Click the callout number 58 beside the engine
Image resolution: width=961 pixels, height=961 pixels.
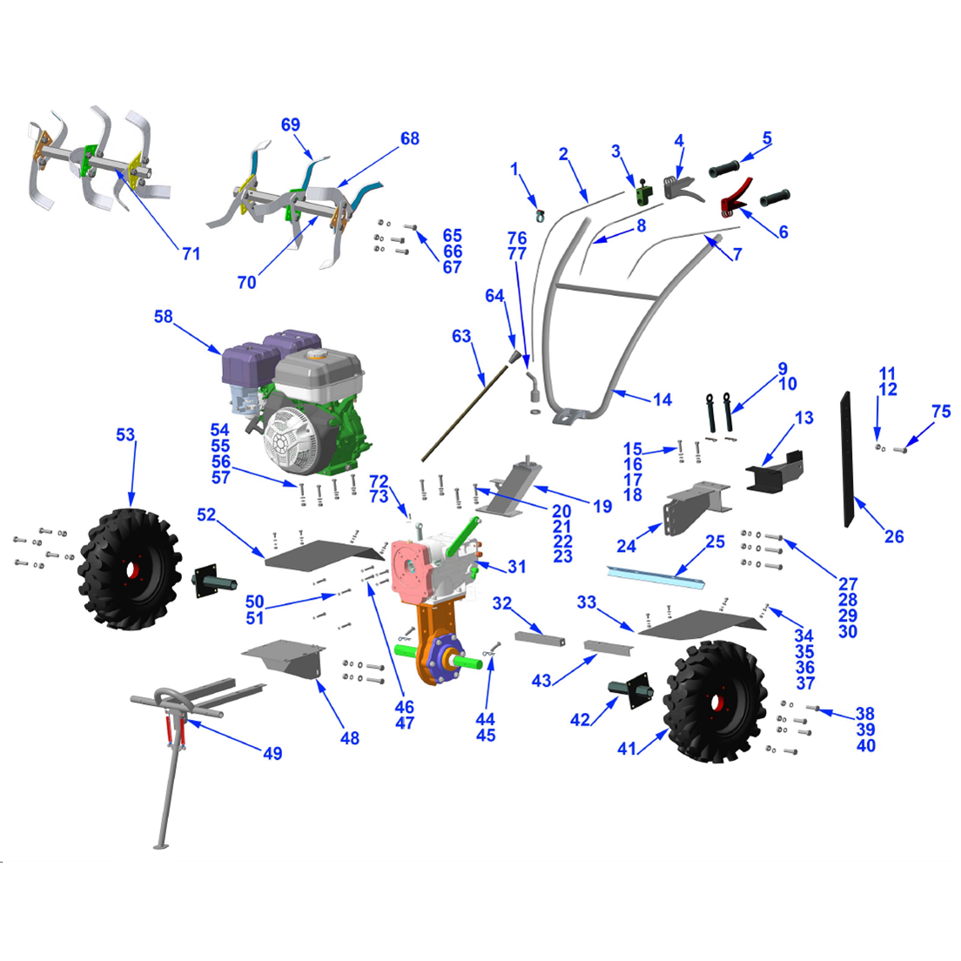[164, 317]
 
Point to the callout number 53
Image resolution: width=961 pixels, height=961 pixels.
[126, 433]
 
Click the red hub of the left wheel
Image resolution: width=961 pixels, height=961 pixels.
[131, 571]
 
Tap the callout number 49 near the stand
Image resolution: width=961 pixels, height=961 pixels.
[272, 753]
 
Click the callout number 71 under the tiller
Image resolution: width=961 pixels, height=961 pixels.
[192, 253]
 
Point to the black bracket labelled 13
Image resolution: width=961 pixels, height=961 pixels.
[774, 469]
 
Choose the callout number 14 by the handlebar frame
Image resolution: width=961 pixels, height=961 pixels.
[662, 400]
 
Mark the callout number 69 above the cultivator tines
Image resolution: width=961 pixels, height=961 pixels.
[291, 124]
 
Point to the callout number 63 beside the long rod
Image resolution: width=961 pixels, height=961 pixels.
[461, 336]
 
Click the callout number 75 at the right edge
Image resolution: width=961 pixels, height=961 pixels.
[941, 411]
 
